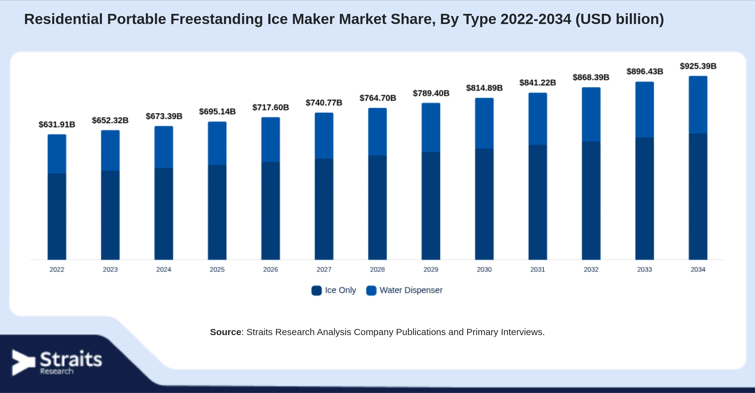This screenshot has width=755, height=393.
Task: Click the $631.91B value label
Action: pos(57,124)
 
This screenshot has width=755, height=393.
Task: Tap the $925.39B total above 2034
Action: pos(698,66)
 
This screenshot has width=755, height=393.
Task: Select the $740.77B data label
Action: pos(324,103)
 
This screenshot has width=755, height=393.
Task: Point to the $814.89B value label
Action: pos(484,88)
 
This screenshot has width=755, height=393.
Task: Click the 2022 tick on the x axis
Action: pos(57,269)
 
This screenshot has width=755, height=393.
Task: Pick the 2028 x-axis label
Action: pos(377,269)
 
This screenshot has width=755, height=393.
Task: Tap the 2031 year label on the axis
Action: pos(537,269)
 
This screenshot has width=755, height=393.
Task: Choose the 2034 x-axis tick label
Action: pos(698,269)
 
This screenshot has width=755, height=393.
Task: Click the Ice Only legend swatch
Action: pos(316,290)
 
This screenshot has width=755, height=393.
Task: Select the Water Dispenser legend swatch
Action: pos(371,290)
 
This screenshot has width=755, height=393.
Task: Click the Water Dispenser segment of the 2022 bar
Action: pos(57,154)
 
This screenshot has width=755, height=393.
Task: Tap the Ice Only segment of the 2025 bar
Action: pos(217,212)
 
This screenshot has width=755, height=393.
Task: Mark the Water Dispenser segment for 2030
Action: pos(484,123)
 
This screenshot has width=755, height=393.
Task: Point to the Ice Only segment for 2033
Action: pos(644,198)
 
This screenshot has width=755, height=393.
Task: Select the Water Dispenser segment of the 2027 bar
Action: pos(324,136)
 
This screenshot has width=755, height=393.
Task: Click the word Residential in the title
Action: pos(63,19)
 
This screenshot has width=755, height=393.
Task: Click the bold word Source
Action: pos(226,332)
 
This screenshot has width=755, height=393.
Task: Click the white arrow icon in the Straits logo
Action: pos(23,363)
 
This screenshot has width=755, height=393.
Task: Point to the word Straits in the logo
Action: pos(71,359)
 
